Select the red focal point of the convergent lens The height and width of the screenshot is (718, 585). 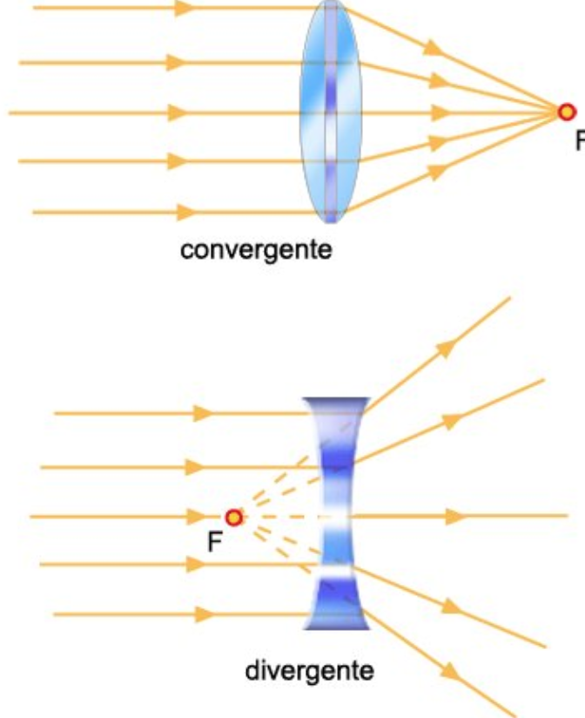[567, 112]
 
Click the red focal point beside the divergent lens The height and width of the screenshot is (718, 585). [232, 517]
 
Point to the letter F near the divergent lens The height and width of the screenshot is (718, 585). [213, 542]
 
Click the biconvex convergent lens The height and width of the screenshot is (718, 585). [329, 112]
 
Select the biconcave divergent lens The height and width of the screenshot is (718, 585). [336, 514]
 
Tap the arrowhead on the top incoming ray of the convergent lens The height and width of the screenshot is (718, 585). [184, 9]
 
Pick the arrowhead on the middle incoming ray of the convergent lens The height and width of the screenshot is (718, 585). [178, 112]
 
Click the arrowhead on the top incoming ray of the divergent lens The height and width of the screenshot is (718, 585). [204, 413]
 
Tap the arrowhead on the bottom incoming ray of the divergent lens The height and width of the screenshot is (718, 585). [204, 614]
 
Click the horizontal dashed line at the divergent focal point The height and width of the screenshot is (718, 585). [287, 517]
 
